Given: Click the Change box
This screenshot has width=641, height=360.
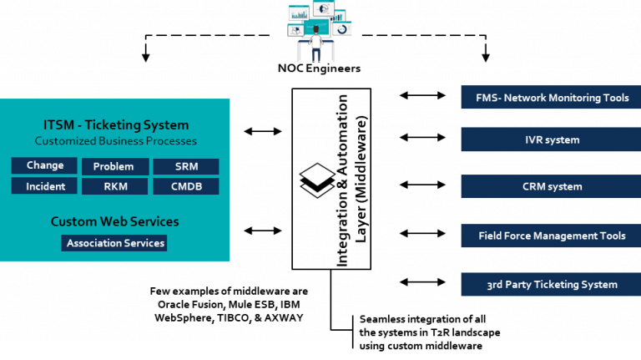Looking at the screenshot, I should tap(44, 165).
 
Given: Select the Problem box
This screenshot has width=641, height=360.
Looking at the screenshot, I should tap(114, 166).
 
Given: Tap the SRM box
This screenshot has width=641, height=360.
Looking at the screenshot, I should tap(186, 166).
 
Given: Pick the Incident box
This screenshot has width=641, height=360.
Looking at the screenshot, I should tap(44, 186).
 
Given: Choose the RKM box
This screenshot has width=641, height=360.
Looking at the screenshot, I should tap(114, 186).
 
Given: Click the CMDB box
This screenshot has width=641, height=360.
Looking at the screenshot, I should tap(186, 186).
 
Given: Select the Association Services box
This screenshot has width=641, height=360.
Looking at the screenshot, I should tap(114, 243).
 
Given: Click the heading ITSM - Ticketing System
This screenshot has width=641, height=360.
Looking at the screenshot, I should tap(116, 125).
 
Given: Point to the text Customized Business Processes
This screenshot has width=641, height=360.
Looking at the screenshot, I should tap(116, 141).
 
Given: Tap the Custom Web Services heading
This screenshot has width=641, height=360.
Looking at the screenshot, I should tap(114, 221).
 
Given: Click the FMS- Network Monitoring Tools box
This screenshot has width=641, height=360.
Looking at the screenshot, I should tap(551, 98).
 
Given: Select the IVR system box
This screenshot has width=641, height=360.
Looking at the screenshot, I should tap(551, 139).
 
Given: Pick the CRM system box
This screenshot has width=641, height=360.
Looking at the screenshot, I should tap(551, 186).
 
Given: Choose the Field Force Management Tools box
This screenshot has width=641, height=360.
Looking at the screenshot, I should tap(551, 236).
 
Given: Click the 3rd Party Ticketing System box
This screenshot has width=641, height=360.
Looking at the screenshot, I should tap(551, 284).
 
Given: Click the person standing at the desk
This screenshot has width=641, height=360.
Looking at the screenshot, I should tap(316, 46).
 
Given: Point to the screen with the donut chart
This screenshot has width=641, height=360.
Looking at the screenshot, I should tap(342, 28).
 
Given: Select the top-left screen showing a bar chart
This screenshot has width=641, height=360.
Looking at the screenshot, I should tap(298, 12).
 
